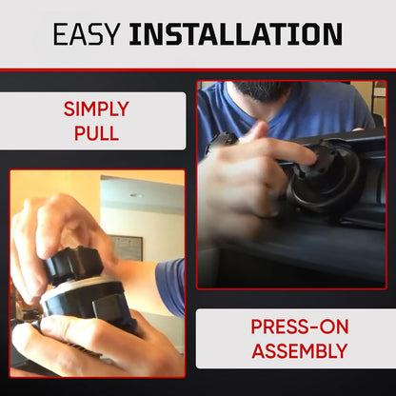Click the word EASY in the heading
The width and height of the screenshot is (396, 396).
point(87,33)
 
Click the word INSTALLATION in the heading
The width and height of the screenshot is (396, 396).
point(235,33)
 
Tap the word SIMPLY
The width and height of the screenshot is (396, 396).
point(96,109)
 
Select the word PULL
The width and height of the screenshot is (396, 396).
point(96,133)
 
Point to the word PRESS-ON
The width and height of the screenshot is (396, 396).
point(300,327)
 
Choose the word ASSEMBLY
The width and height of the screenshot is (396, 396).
point(300,351)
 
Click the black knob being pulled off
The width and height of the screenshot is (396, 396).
point(73,265)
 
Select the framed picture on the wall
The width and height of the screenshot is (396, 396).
point(127,248)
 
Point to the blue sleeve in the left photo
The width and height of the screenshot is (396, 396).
point(170,287)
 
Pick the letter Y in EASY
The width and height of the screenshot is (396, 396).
point(110,33)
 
